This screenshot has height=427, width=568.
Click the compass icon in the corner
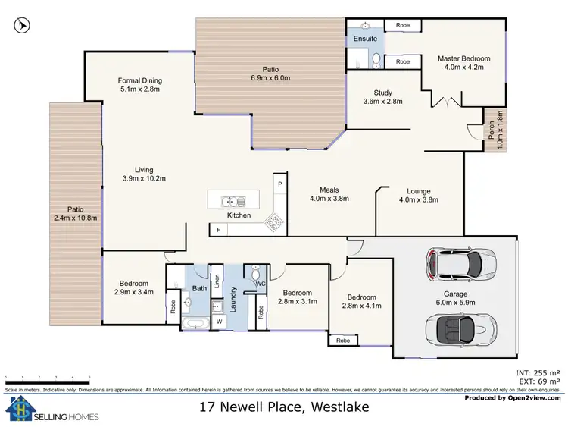point(22,26)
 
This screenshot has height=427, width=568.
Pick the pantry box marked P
point(279,184)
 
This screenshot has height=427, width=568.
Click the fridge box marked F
point(219,229)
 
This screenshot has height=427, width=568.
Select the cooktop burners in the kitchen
point(273,222)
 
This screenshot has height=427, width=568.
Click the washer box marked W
point(220,322)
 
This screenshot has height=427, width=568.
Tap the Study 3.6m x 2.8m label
point(382,96)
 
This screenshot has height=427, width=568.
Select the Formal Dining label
point(140,85)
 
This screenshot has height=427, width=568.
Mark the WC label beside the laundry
point(259,284)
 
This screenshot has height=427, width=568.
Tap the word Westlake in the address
point(340,407)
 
